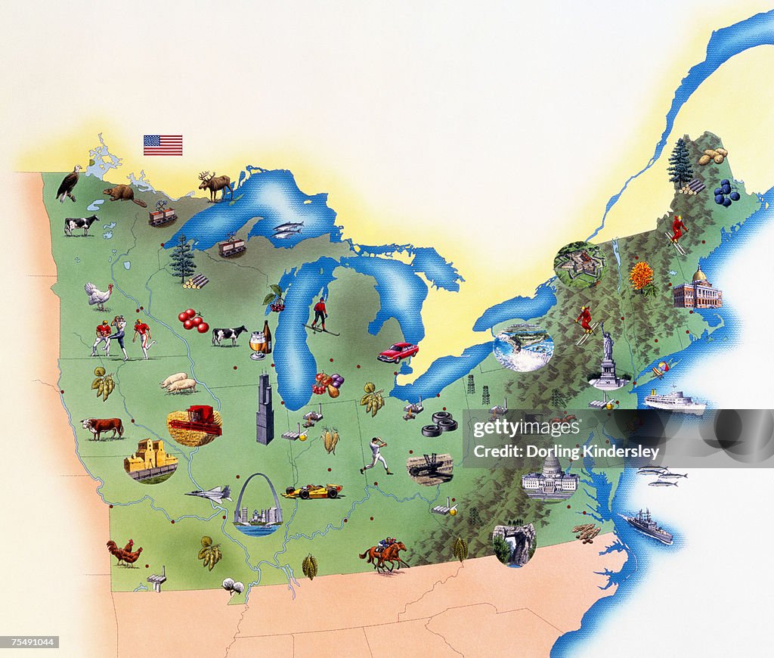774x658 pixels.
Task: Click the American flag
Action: coord(163,144)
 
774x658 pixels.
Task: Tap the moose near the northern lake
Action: coord(215,185)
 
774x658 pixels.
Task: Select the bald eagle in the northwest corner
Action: coord(70,183)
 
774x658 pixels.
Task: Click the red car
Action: coord(398,352)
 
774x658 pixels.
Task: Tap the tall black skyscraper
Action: coord(265,408)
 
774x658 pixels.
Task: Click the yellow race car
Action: coord(311,492)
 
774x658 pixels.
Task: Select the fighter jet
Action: coord(209,495)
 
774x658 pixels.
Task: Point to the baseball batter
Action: coord(376,455)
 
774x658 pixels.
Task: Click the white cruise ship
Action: coord(674,402)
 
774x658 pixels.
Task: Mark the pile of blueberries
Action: coord(726,193)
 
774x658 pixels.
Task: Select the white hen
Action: coord(98,295)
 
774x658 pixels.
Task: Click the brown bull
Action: coord(103,428)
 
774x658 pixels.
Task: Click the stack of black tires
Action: coord(439,424)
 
